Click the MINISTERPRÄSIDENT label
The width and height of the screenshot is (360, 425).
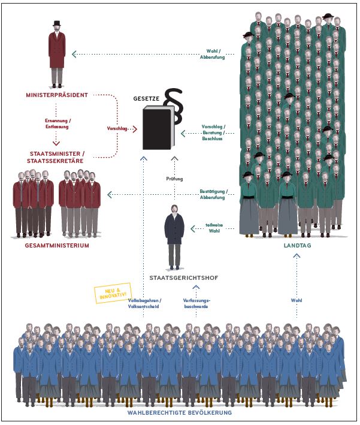coord(57,95)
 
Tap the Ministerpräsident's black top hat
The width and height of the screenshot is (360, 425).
coord(57,24)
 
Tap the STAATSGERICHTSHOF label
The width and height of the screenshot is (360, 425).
coord(175,278)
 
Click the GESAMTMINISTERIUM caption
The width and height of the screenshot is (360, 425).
coord(58,245)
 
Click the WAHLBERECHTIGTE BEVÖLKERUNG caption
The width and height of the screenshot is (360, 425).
coord(179,412)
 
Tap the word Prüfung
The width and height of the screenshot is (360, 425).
coord(174,179)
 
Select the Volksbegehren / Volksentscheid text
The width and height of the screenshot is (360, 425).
coord(144,303)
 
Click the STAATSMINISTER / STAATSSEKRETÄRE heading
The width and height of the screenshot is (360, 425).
coord(57,157)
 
